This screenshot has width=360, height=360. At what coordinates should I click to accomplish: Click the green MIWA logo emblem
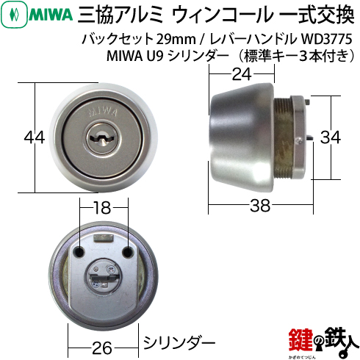14,15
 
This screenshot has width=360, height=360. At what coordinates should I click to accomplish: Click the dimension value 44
35,137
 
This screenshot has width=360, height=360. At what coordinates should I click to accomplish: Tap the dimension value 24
242,74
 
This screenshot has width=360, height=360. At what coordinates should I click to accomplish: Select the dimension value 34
331,137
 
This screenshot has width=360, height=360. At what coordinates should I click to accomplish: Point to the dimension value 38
260,205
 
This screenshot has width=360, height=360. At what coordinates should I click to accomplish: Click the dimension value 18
102,208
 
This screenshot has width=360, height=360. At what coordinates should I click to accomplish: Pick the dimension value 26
102,348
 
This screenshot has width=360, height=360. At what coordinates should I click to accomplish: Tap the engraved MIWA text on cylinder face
103,112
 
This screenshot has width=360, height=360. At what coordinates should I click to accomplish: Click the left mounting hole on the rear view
79,253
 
